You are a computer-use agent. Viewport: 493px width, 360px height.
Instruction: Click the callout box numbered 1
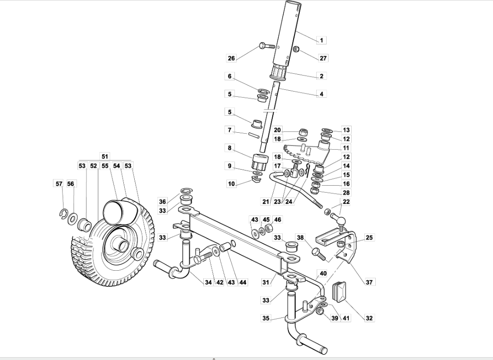click(x=321, y=40)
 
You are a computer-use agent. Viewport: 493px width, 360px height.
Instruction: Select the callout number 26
click(x=232, y=58)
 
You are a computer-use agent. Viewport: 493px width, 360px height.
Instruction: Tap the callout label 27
click(x=323, y=58)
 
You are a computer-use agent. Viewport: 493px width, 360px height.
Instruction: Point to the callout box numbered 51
click(x=105, y=156)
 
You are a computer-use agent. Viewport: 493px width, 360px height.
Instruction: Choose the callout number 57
click(x=59, y=184)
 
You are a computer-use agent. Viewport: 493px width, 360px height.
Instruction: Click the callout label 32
click(x=369, y=318)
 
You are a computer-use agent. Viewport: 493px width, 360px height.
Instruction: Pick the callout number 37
click(x=369, y=282)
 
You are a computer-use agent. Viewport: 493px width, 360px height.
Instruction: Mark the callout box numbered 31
click(x=266, y=283)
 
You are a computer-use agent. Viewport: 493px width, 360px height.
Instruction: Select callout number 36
click(x=162, y=201)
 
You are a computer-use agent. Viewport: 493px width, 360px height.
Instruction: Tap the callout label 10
click(x=232, y=184)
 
